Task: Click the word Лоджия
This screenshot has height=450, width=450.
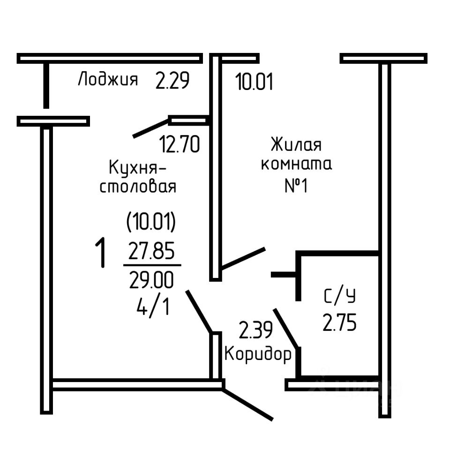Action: pos(108,79)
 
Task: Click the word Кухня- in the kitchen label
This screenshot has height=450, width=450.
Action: pos(137,168)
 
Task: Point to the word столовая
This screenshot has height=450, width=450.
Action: pos(138,187)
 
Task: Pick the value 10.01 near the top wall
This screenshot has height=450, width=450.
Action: pos(254,82)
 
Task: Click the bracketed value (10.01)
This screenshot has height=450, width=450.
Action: pos(151,222)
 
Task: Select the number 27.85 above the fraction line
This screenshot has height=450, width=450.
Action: pos(151,250)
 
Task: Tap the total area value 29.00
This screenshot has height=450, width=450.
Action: pos(151,280)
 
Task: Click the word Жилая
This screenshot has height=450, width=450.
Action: pos(296,145)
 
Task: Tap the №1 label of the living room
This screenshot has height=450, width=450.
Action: pos(296,186)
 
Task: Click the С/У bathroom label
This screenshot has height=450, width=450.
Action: pos(340,296)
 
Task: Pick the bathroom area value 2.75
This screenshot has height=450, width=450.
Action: pos(339,322)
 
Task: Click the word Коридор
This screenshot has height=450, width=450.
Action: pos(258,354)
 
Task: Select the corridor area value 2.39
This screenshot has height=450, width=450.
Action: pos(256,330)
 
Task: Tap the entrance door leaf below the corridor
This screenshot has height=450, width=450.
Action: pos(247,405)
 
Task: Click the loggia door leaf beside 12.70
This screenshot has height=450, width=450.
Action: pos(150,128)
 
